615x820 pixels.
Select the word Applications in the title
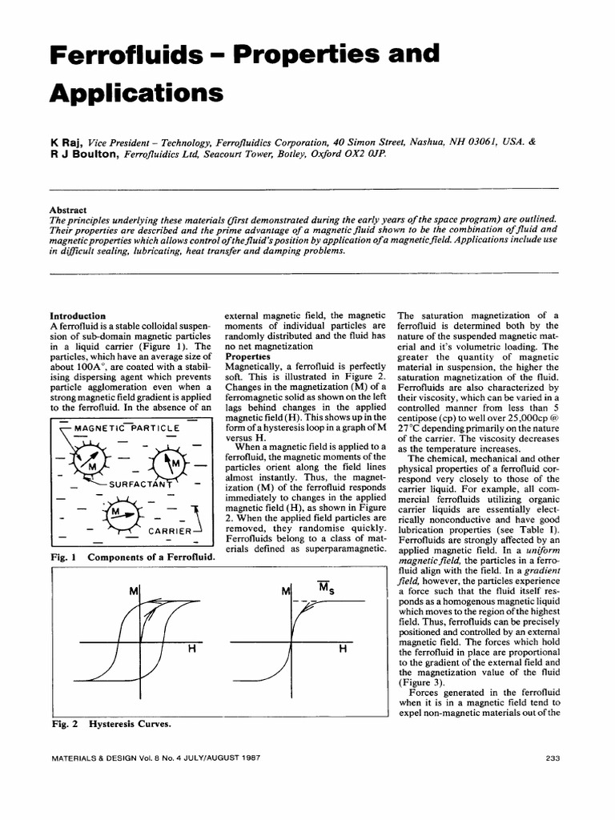(x=135, y=93)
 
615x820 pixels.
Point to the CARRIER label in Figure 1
(x=169, y=531)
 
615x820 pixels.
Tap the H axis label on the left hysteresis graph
(x=191, y=649)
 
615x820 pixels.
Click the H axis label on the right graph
(x=343, y=649)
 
